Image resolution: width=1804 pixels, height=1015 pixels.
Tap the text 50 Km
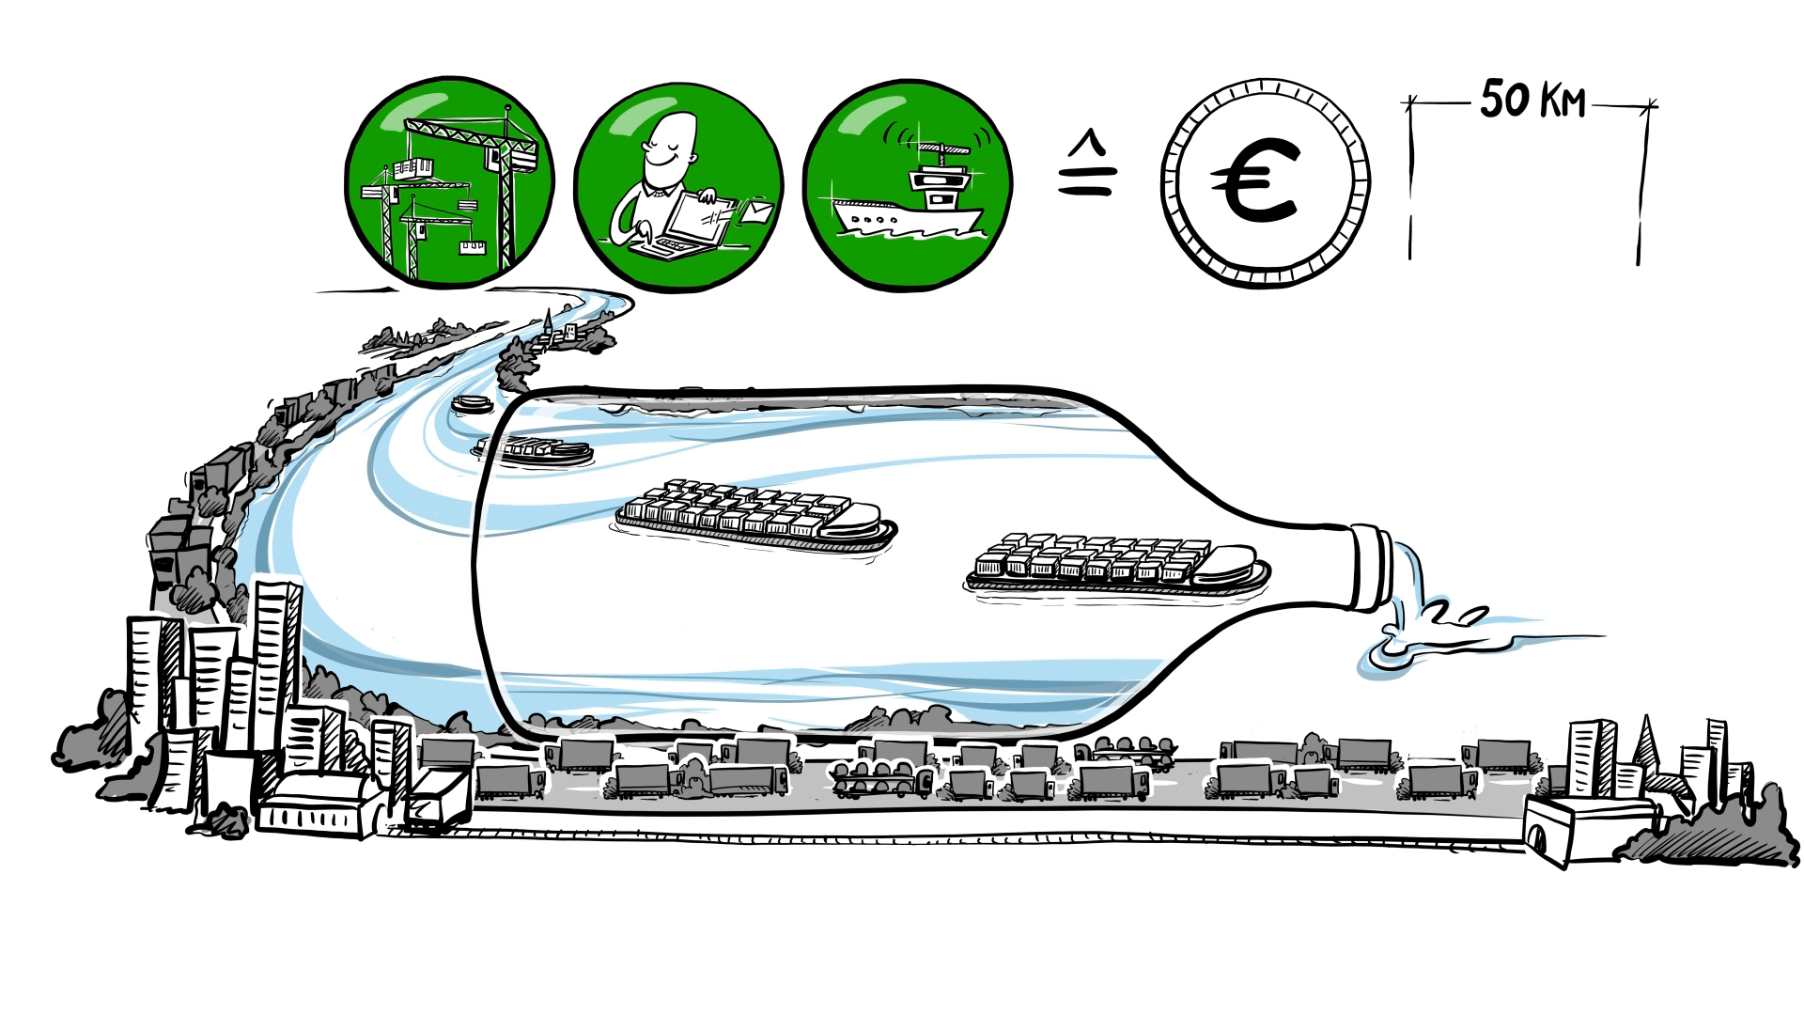[1532, 100]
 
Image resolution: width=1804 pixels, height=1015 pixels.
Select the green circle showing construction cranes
[449, 182]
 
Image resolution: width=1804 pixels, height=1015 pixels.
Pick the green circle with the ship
[908, 184]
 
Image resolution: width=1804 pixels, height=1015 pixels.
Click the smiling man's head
[671, 146]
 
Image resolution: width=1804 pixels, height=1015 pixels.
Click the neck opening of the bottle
[1372, 568]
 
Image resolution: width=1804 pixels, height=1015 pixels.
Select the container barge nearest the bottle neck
[1118, 566]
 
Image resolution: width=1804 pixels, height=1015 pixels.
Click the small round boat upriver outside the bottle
[472, 404]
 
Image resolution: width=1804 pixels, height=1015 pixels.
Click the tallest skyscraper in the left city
[278, 658]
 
